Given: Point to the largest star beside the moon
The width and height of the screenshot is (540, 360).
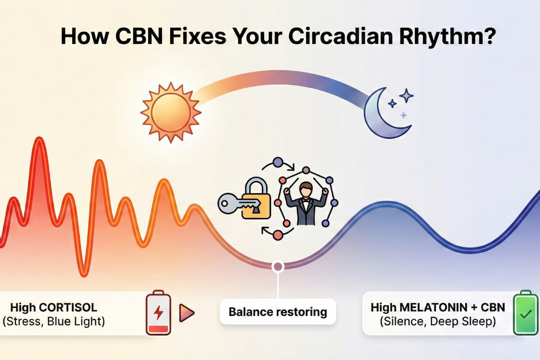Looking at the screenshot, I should tap(407, 95).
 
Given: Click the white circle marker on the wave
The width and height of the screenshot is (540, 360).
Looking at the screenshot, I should tap(278, 267).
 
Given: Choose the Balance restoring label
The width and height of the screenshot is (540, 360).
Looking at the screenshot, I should tap(278, 311).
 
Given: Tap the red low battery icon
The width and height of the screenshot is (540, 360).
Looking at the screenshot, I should tap(158, 314).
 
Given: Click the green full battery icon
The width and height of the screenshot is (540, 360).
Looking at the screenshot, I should tap(525, 314).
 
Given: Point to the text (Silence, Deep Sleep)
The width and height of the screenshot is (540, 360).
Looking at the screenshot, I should tap(438, 321).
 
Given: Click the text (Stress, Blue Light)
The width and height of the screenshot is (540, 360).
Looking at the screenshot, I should tap(54, 322).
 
